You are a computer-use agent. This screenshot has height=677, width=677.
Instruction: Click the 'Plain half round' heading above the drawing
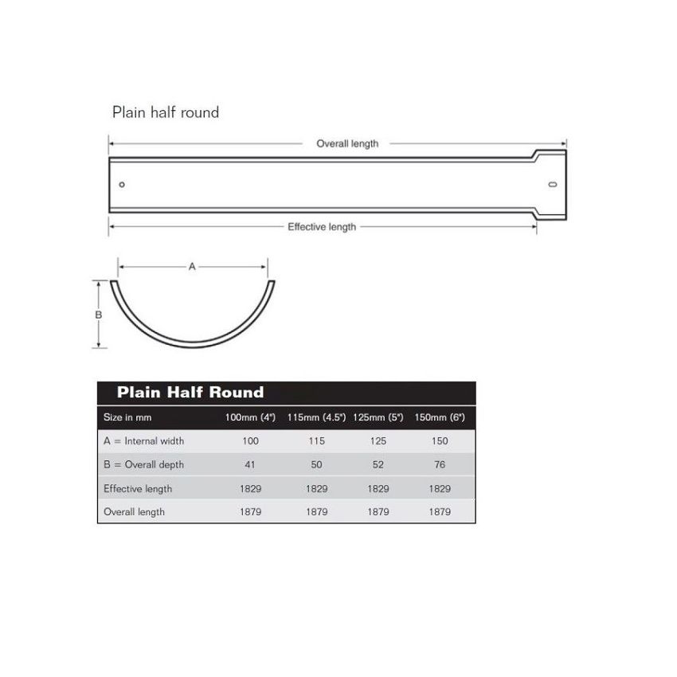(x=166, y=112)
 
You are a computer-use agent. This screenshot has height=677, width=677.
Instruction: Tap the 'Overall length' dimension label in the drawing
(x=347, y=144)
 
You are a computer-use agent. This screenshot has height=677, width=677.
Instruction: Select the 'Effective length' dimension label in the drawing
(x=322, y=227)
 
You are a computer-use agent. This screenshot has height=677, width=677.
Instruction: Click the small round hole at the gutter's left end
(x=122, y=185)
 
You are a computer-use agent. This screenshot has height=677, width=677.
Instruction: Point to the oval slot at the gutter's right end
(x=552, y=185)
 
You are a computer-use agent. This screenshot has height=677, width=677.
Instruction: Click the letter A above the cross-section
(x=192, y=268)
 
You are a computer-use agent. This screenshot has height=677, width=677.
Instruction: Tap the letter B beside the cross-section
(x=99, y=315)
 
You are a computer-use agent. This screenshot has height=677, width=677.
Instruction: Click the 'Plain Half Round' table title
(x=190, y=392)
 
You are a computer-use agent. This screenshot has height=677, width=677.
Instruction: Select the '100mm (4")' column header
(x=250, y=417)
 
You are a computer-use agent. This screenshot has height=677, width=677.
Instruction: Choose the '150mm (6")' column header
(x=440, y=417)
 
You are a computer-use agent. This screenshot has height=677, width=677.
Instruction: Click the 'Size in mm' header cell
(x=127, y=417)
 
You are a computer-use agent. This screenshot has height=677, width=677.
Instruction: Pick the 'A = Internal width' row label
(x=143, y=440)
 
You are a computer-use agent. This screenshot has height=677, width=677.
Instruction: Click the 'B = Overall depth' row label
(x=143, y=464)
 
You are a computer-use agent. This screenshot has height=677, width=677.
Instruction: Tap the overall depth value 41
(x=250, y=464)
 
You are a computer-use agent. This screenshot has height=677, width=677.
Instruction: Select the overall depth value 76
(x=440, y=464)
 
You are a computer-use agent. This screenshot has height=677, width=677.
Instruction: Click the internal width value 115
(x=316, y=440)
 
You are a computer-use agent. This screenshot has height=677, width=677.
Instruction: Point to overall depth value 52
(x=378, y=464)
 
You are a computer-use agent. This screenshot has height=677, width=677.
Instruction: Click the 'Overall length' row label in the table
(x=134, y=511)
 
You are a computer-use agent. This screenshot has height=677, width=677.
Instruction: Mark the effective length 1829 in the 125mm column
(x=378, y=488)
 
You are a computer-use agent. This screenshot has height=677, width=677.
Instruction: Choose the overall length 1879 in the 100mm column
(x=250, y=511)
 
